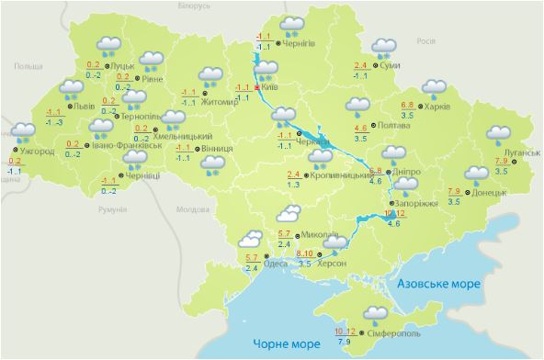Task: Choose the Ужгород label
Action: point(37,151)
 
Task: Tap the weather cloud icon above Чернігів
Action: point(293,26)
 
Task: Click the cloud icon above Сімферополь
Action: point(375,314)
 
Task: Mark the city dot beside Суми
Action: point(376,66)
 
